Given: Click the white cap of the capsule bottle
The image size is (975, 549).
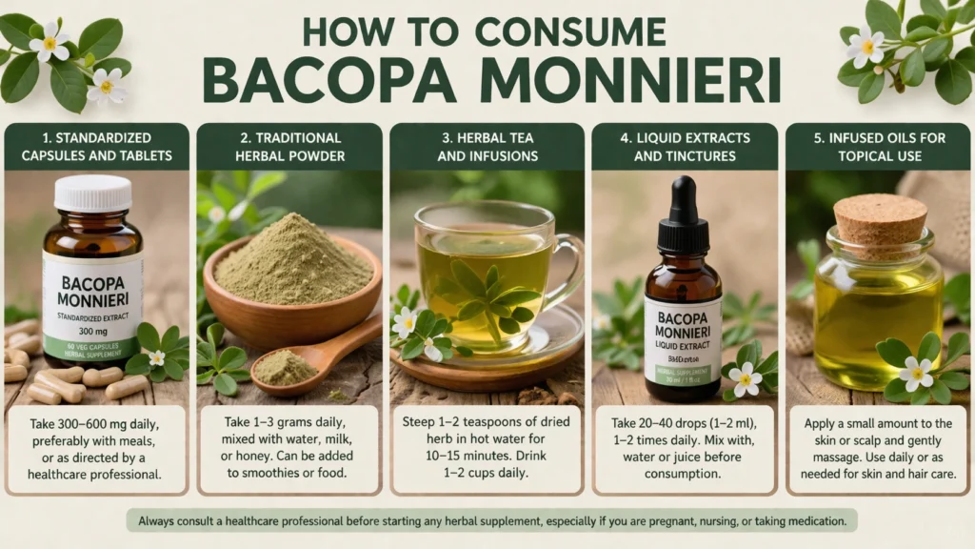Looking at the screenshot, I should [91, 193].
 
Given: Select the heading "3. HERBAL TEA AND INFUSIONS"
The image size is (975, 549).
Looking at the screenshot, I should [486, 147].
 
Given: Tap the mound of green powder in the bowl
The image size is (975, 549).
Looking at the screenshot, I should [290, 260].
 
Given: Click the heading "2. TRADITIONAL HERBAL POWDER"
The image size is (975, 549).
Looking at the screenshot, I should [291, 147].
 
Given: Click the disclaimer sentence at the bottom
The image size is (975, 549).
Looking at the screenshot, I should [492, 520].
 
